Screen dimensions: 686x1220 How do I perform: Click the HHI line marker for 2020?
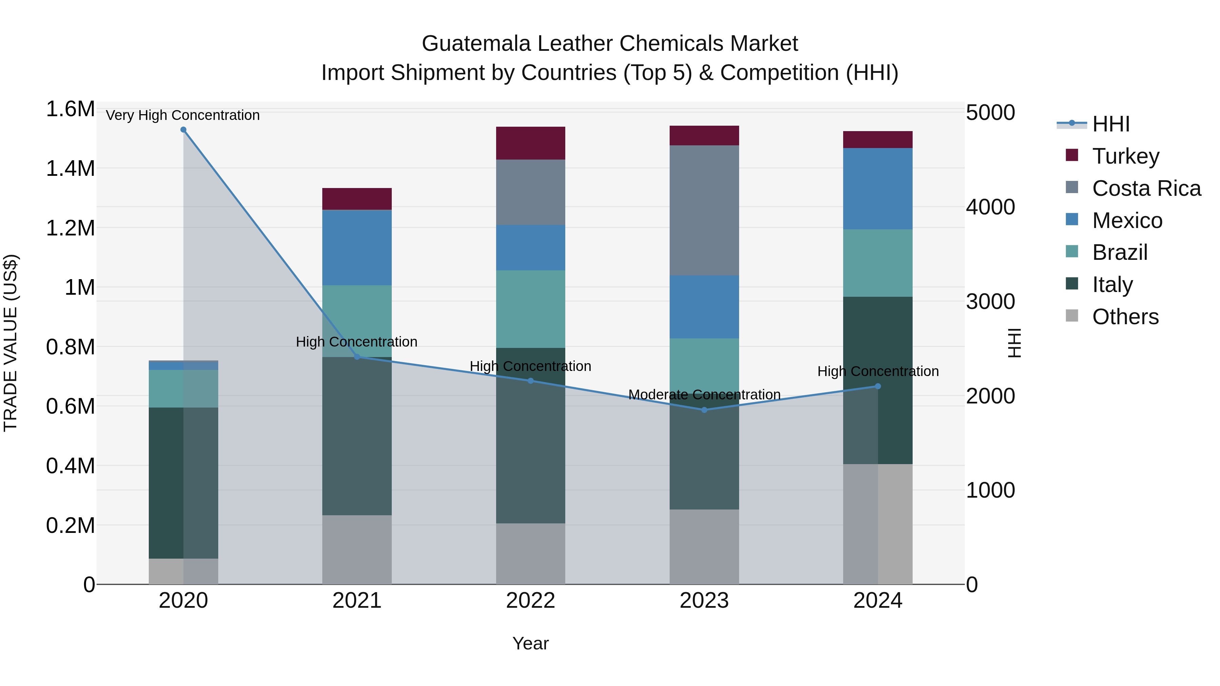point(183,130)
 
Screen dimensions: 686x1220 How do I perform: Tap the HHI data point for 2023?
point(704,410)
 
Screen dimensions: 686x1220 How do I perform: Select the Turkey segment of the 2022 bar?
point(530,143)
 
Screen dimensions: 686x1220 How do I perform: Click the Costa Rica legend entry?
point(1146,188)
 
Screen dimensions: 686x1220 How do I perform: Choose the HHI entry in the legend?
point(1110,124)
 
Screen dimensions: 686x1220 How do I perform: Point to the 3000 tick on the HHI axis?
point(990,302)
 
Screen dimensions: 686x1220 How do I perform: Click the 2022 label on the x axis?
point(530,601)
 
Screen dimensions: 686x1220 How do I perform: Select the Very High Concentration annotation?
point(183,115)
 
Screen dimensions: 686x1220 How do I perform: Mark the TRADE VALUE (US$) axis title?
point(11,343)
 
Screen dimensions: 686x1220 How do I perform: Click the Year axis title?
point(530,643)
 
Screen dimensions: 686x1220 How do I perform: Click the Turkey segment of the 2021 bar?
point(357,199)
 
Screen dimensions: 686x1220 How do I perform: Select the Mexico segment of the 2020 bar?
point(183,366)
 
